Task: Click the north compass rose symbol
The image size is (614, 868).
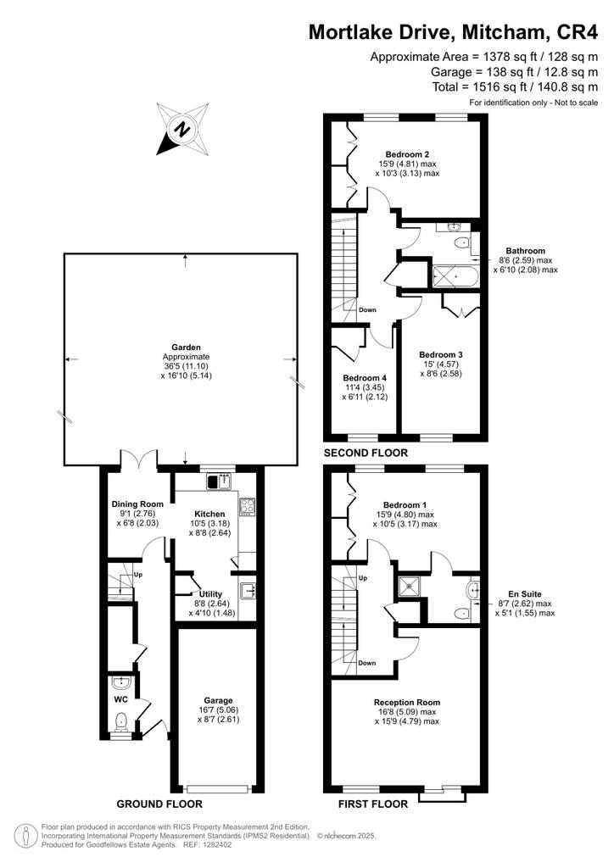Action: (x=182, y=129)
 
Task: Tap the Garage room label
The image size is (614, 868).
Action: (x=218, y=700)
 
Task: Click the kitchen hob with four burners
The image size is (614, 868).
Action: (x=247, y=506)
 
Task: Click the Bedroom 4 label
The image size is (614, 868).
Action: (x=365, y=377)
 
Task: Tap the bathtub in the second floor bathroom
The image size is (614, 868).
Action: (x=454, y=276)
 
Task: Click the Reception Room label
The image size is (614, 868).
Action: (x=407, y=702)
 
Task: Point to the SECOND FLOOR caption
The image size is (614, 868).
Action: (x=366, y=453)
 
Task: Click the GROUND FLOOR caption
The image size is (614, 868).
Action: (x=159, y=804)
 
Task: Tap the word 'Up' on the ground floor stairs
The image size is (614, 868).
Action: (x=138, y=575)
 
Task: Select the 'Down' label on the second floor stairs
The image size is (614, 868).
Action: (x=367, y=309)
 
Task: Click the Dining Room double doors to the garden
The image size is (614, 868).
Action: (x=139, y=459)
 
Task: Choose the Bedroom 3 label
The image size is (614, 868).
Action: (x=441, y=354)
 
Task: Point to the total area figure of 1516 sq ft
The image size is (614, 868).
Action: (x=515, y=87)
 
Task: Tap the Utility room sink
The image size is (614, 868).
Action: (x=248, y=590)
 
